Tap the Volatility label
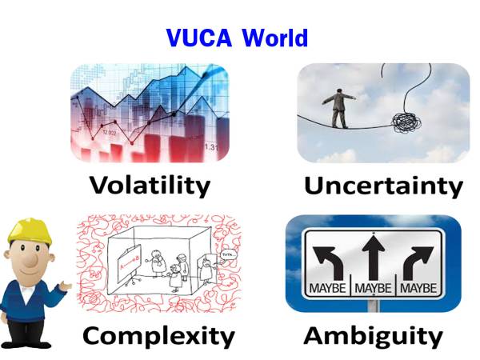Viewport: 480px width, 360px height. pyautogui.click(x=150, y=186)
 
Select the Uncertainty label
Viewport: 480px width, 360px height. pyautogui.click(x=382, y=186)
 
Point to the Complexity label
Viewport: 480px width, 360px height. pyautogui.click(x=158, y=334)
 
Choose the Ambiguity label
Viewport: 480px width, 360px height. pyautogui.click(x=373, y=334)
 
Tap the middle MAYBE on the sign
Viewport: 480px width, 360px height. pyautogui.click(x=373, y=286)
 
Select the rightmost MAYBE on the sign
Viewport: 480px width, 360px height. pyautogui.click(x=420, y=286)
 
